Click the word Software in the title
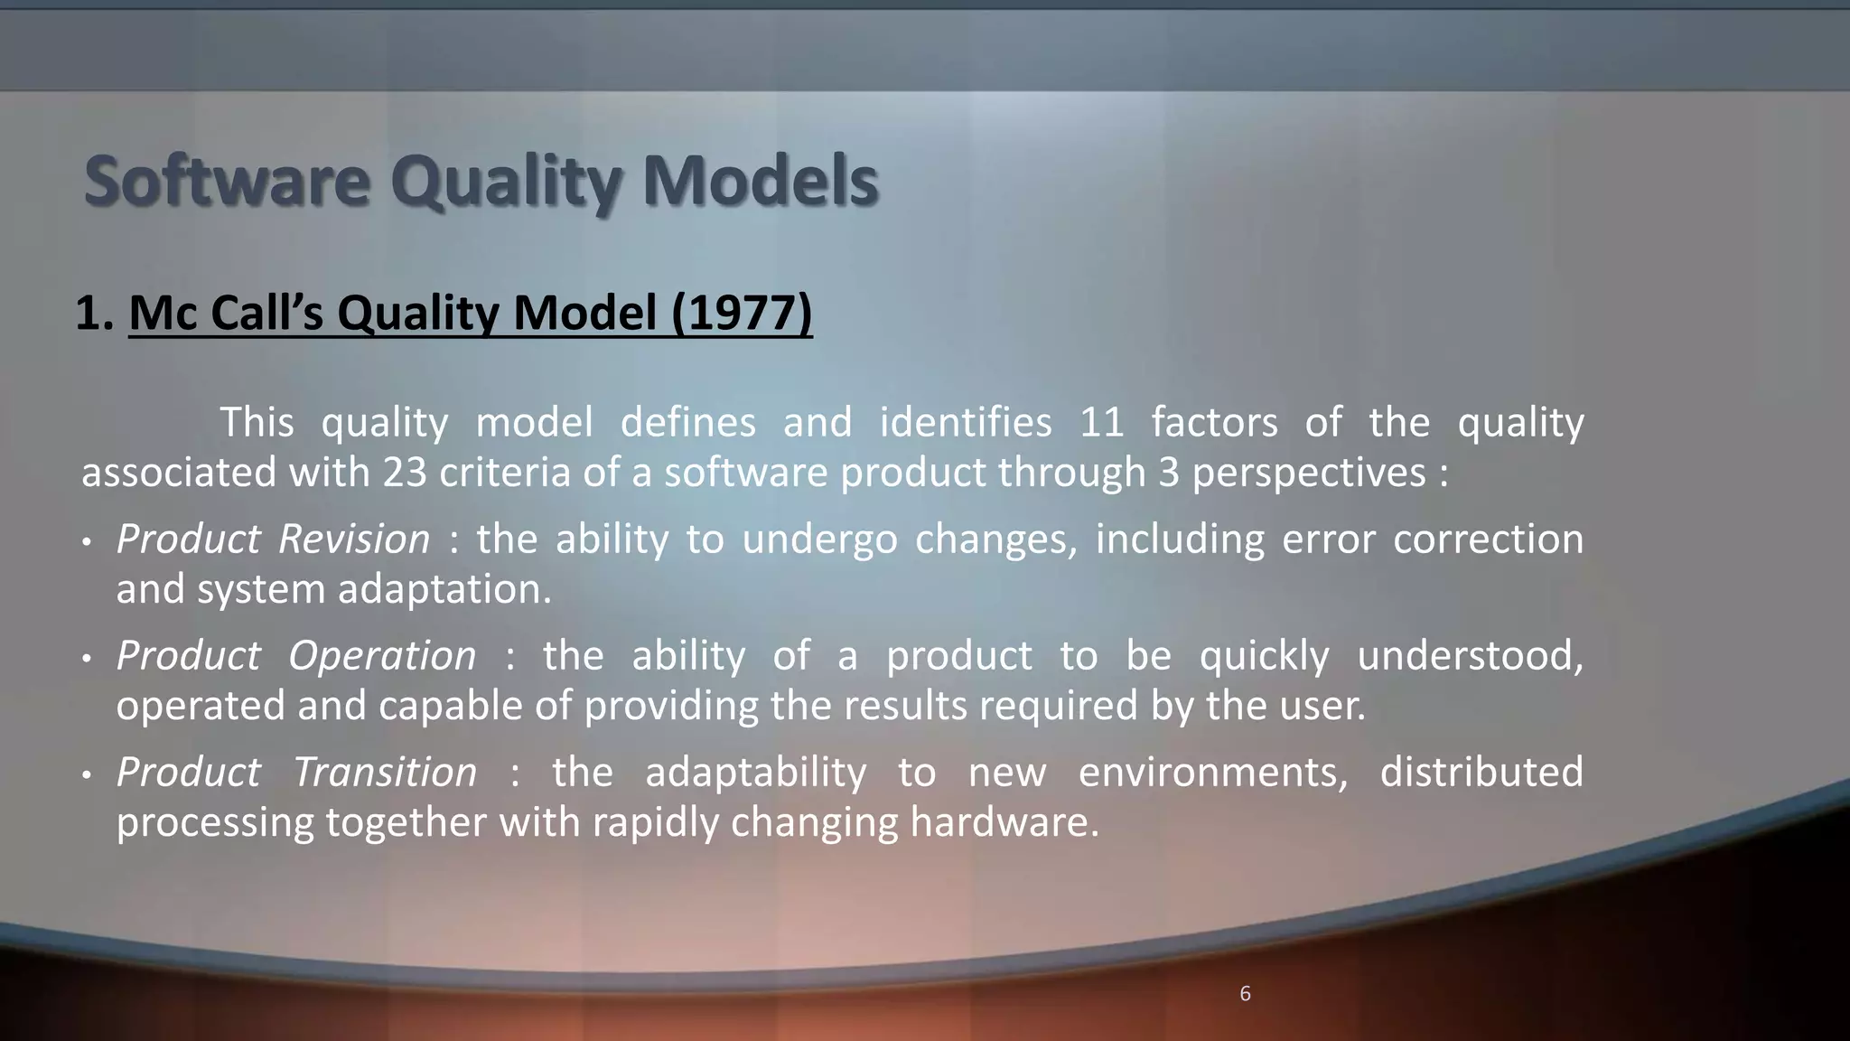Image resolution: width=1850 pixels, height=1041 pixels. click(227, 182)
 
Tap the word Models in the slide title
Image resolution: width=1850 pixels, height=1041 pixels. click(760, 182)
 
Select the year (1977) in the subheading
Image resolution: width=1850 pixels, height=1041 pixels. click(742, 314)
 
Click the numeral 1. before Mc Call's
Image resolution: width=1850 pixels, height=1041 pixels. click(94, 314)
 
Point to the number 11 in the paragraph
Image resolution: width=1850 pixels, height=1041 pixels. click(1101, 423)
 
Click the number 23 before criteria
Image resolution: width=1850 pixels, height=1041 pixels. click(404, 473)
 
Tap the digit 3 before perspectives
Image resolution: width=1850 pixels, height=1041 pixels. click(1169, 473)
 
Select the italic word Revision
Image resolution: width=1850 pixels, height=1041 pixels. click(354, 539)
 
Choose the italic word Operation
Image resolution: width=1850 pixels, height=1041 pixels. click(382, 656)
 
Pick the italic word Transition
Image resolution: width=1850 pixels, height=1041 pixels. click(385, 773)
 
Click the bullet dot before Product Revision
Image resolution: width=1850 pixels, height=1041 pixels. click(87, 542)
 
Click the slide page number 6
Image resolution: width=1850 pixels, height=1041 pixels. click(1245, 994)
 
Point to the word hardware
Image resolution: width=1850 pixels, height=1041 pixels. click(1004, 822)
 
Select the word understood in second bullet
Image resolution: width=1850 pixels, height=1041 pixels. click(1470, 656)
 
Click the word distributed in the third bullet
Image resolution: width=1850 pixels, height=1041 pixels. click(1481, 773)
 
